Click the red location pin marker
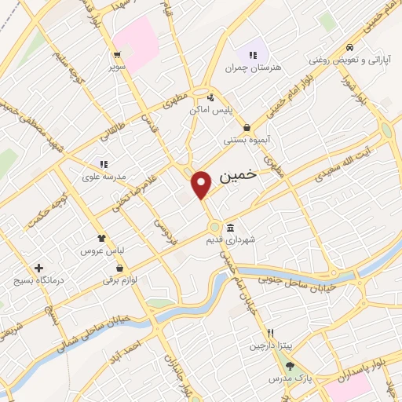pos(203,185)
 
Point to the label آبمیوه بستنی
pos(247,140)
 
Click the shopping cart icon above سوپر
pos(117,55)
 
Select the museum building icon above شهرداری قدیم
pos(230,228)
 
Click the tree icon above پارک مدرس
pos(291,365)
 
